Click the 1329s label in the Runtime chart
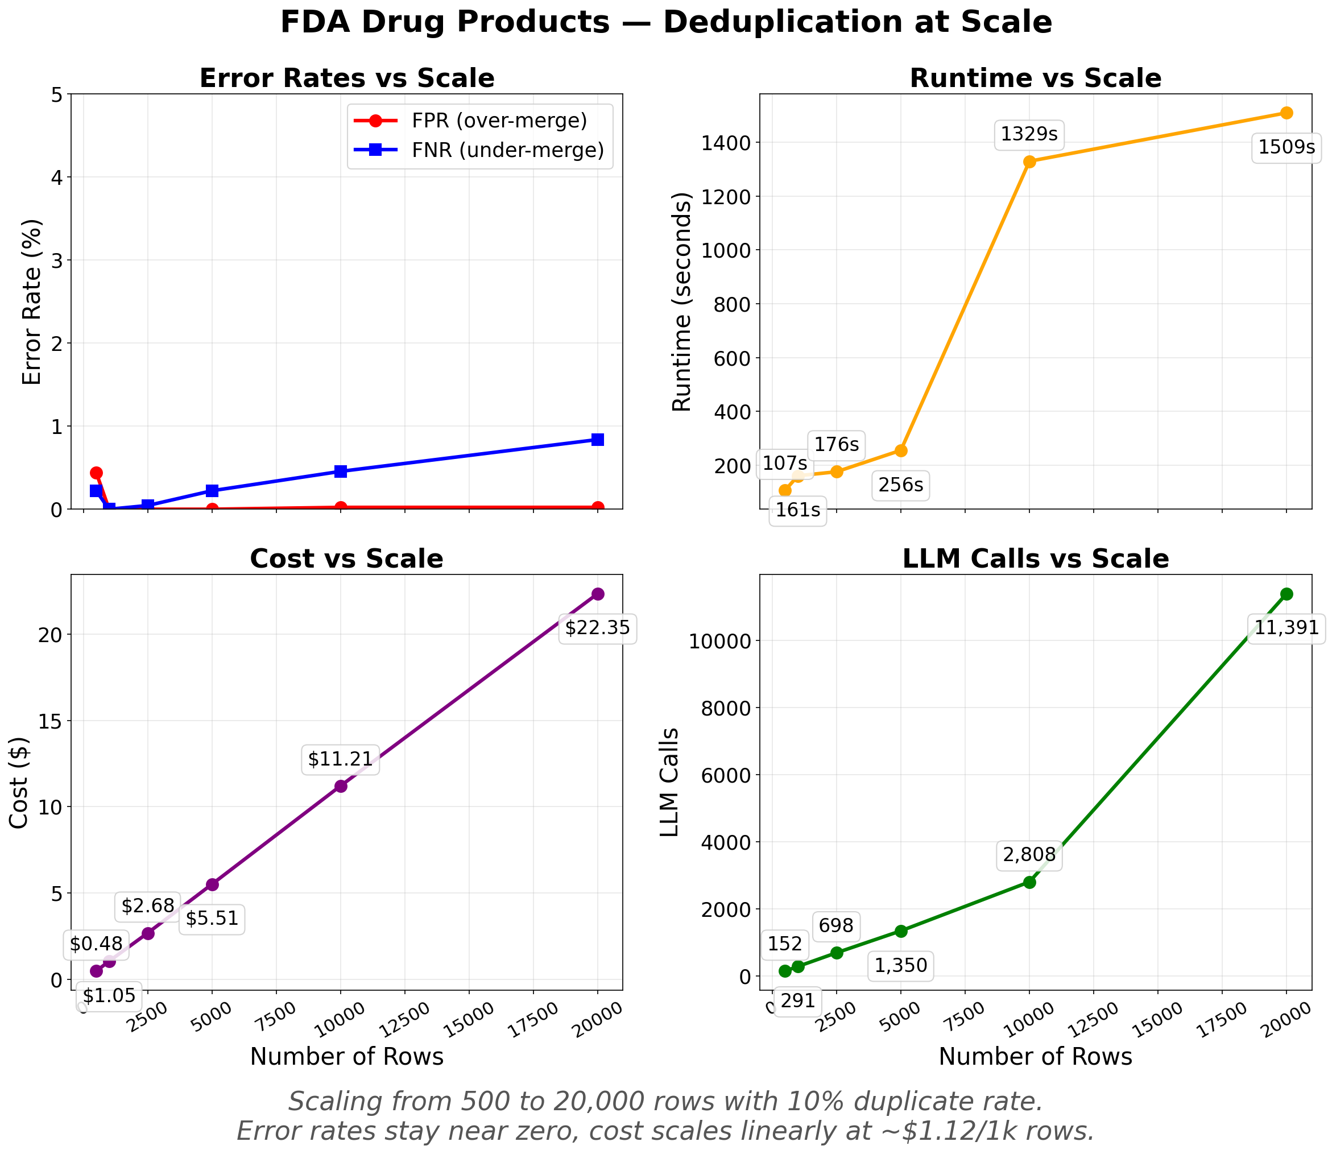tap(1028, 134)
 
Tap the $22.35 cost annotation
tap(597, 627)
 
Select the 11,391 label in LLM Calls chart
tap(1286, 627)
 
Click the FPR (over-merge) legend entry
tap(499, 121)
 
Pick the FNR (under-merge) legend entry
tap(507, 150)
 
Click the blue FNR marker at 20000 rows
tap(597, 439)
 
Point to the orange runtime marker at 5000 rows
tap(900, 450)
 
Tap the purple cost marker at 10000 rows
tap(341, 785)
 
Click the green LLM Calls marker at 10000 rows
tap(1029, 882)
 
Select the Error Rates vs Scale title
tap(346, 78)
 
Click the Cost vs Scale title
tap(346, 559)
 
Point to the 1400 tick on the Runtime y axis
tap(734, 142)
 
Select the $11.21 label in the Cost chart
tap(340, 759)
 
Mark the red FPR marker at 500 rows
tap(96, 473)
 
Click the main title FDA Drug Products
tap(666, 23)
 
